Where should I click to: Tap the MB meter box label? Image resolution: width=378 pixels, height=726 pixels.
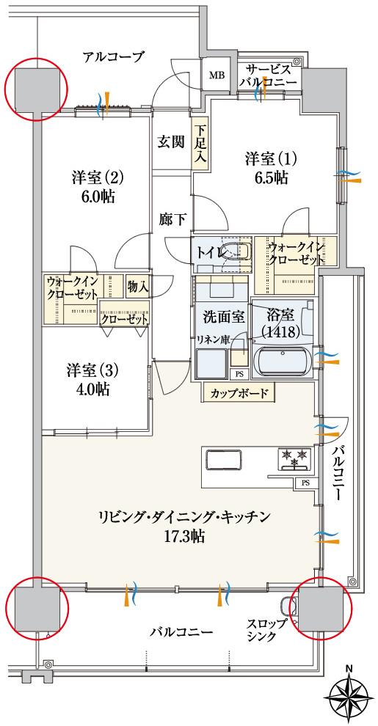pos(218,76)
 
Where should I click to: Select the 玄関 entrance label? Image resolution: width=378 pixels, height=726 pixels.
pos(170,142)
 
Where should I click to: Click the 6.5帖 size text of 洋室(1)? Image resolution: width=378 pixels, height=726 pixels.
pos(271,178)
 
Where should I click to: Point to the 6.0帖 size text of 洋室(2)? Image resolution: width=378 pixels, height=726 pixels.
pos(98,197)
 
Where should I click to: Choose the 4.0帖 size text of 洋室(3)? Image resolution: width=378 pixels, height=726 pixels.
pos(92,389)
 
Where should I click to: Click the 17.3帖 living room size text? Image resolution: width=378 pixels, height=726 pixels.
pos(184,536)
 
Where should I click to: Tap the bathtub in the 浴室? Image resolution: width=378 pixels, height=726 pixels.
pos(283,361)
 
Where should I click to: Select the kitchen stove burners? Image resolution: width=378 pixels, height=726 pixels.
pos(294,459)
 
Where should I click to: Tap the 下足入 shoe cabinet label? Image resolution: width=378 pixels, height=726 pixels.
pos(200,143)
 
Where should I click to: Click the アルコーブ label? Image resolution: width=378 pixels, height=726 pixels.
pos(113,56)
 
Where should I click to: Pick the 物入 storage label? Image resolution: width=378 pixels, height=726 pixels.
pos(137,287)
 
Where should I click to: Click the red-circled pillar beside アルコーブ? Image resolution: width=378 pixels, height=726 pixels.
pos(35,89)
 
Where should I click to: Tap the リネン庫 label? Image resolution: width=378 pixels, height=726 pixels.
pos(214,340)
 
